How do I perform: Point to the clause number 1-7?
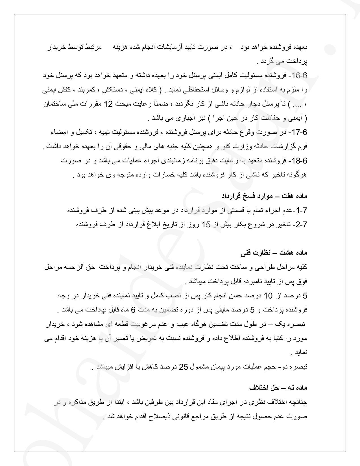tap(301, 210)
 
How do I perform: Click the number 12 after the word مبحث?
tap(108, 104)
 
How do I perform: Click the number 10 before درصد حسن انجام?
tap(268, 296)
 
